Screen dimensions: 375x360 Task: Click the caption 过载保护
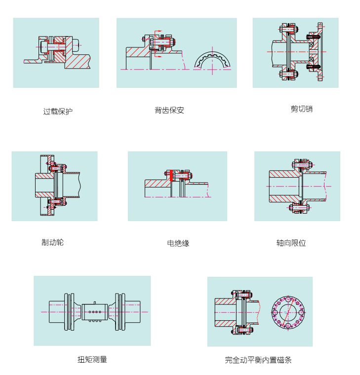tap(57, 112)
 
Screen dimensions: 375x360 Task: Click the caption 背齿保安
tap(169, 110)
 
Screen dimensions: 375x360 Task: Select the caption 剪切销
tap(301, 109)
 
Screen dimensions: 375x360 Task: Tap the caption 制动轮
tap(52, 242)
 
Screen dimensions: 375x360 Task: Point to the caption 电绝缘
tap(178, 243)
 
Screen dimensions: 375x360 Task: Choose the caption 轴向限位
tap(291, 243)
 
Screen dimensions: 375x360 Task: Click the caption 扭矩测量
tap(92, 359)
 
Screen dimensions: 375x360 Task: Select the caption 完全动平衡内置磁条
tap(258, 360)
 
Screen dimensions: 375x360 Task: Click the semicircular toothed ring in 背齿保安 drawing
tap(212, 62)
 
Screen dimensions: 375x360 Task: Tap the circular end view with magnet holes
tap(288, 312)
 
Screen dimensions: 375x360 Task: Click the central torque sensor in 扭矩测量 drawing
tap(93, 312)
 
